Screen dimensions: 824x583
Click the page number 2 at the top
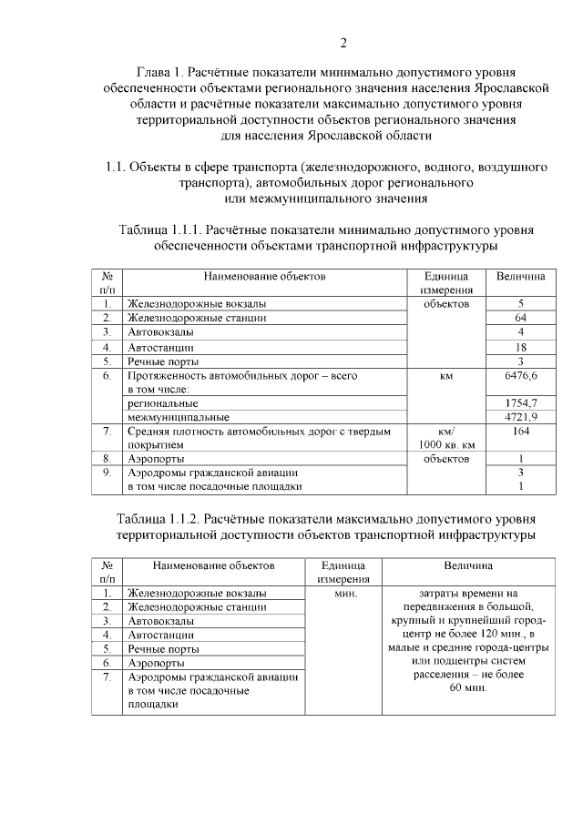[x=343, y=42]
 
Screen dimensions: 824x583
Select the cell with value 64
[x=521, y=318]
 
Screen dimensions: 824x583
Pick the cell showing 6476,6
[x=521, y=375]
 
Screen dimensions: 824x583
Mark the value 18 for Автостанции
[x=521, y=347]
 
